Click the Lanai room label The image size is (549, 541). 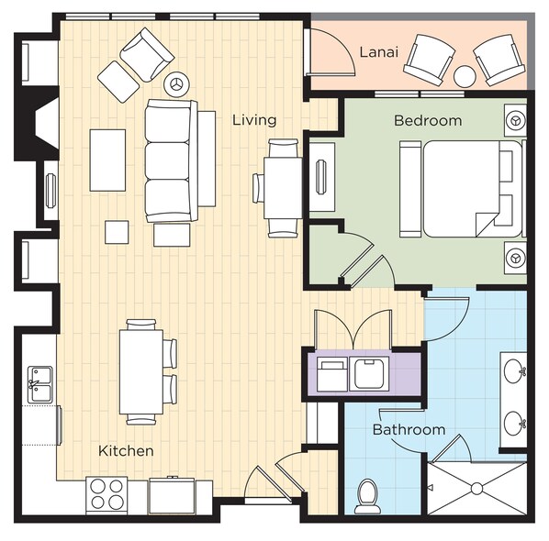[379, 52]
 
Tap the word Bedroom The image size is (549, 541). [428, 121]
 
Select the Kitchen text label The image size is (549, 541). [126, 451]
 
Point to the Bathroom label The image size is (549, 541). [409, 429]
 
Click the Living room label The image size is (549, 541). [254, 120]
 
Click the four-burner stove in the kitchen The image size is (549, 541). [106, 495]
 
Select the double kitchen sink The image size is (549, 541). [39, 384]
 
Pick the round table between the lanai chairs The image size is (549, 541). [465, 76]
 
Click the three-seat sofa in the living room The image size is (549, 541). [172, 160]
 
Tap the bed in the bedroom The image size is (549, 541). [463, 189]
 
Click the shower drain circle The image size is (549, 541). [476, 489]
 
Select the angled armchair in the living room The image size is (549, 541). [147, 55]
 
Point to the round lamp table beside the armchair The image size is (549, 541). [177, 84]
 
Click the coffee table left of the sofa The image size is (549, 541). [107, 160]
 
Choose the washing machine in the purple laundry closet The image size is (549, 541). [369, 374]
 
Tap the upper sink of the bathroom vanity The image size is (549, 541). [513, 372]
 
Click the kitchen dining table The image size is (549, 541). [141, 371]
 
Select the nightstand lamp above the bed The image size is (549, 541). [515, 121]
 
